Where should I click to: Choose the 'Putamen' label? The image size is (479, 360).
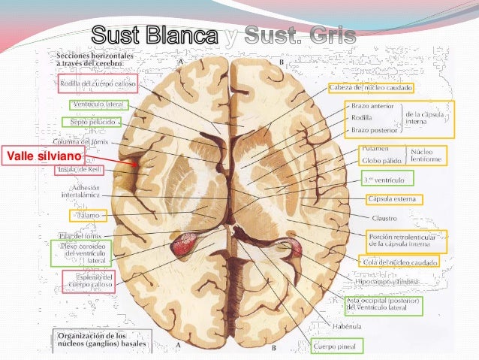pyautogui.click(x=375, y=149)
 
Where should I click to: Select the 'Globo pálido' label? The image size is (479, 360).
pyautogui.click(x=381, y=159)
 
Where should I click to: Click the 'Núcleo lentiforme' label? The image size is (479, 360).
pyautogui.click(x=428, y=155)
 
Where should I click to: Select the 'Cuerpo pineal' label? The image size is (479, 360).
pyautogui.click(x=336, y=346)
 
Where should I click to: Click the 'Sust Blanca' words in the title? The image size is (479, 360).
pyautogui.click(x=157, y=34)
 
